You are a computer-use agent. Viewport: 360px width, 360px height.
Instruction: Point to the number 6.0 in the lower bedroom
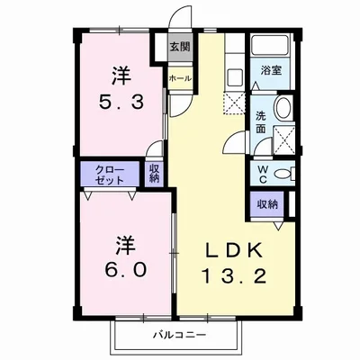122,267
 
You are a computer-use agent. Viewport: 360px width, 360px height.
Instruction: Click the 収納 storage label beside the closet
155,173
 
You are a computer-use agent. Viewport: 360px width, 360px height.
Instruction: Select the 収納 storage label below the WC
267,203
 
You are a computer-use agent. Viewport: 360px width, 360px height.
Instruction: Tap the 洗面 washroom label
259,121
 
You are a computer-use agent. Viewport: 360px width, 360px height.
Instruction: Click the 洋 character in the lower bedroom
122,244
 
